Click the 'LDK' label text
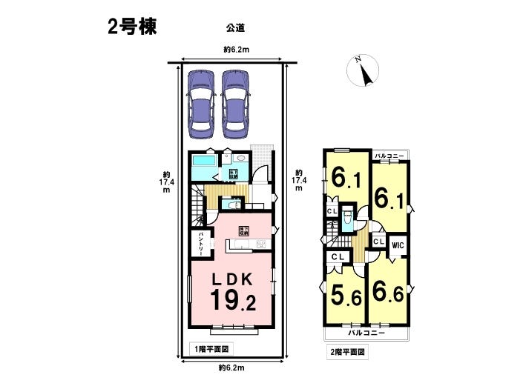(233, 279)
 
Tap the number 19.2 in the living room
(232, 302)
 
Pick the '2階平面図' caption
(347, 352)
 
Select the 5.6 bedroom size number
(345, 296)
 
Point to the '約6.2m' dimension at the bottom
(232, 368)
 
